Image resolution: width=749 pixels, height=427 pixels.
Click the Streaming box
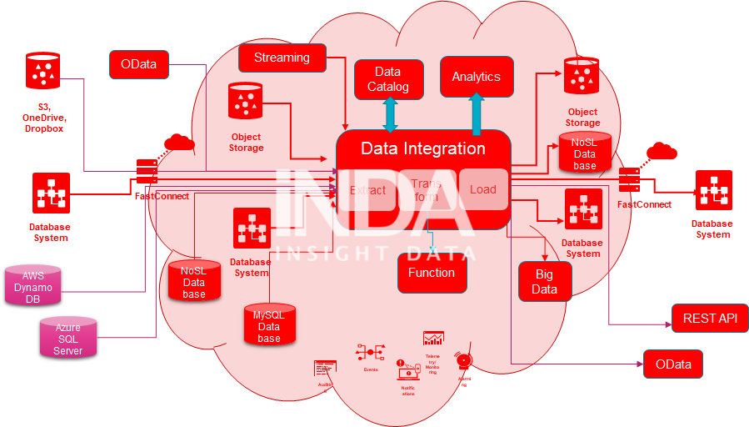pos(282,58)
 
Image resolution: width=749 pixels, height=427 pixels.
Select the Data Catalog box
pos(388,79)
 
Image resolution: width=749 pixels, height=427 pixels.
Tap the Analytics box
pos(476,77)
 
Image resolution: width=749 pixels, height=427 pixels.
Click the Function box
pos(431,273)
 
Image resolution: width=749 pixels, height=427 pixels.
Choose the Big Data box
pos(545,281)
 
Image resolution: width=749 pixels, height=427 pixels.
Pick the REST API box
pos(710,318)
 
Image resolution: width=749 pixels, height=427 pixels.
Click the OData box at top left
pos(138,65)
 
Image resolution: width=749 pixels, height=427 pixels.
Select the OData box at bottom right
pos(672,364)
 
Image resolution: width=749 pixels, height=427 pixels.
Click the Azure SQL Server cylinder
pos(68,339)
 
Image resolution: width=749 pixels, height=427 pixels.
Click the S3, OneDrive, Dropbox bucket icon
pos(42,71)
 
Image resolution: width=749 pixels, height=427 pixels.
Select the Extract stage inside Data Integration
pos(367,190)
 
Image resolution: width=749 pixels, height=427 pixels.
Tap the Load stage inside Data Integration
pos(483,189)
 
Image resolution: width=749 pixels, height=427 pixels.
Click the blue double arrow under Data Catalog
pos(390,114)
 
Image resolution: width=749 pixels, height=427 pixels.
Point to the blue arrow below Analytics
pos(477,113)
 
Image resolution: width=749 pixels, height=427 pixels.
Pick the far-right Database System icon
pos(713,191)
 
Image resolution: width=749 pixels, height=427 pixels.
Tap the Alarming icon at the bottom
pos(464,361)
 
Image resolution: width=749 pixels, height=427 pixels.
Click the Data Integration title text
pos(422,148)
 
